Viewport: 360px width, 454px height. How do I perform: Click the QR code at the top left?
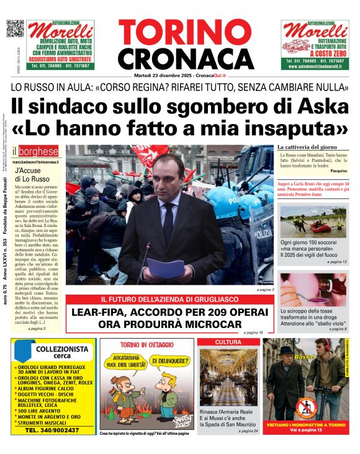point(15,29)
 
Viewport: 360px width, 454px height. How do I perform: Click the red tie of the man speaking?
point(168,215)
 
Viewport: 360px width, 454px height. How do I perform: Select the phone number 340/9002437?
point(53,429)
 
